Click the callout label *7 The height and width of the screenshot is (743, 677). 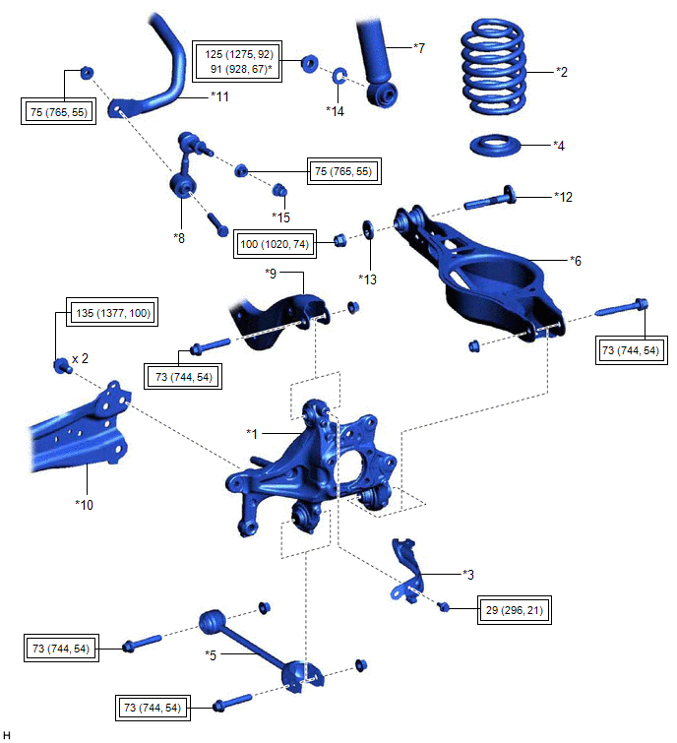click(x=418, y=46)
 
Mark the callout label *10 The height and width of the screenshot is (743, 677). click(x=85, y=505)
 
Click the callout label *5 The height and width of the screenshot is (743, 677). click(x=213, y=653)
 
